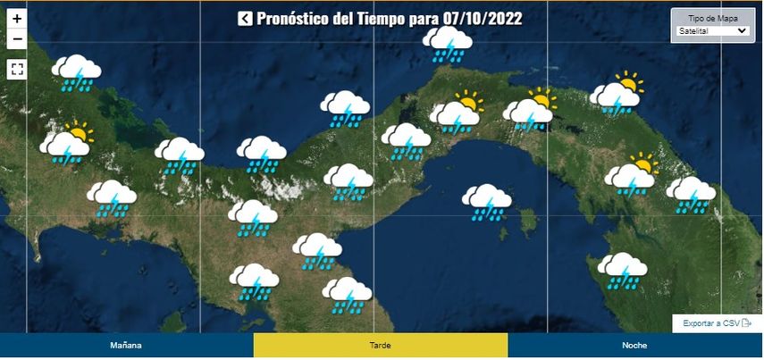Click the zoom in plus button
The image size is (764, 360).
point(17,18)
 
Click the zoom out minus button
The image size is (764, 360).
point(17,38)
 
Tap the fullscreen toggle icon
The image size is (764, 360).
point(17,68)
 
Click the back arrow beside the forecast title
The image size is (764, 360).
point(244,19)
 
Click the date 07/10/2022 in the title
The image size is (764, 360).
point(483,19)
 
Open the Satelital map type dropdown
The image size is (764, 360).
point(711,30)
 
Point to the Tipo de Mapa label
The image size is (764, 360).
point(711,18)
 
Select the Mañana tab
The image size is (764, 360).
point(126,345)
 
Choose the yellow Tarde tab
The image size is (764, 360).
point(381,345)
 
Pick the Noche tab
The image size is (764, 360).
point(634,345)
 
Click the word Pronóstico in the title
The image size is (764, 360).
point(292,19)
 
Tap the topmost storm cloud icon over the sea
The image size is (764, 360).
point(447,43)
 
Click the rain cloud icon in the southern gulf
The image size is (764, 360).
point(487,202)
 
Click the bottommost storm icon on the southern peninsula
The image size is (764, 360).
point(347,294)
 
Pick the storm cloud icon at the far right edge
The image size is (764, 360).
point(691,194)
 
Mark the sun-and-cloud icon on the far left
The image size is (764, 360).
point(67,143)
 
